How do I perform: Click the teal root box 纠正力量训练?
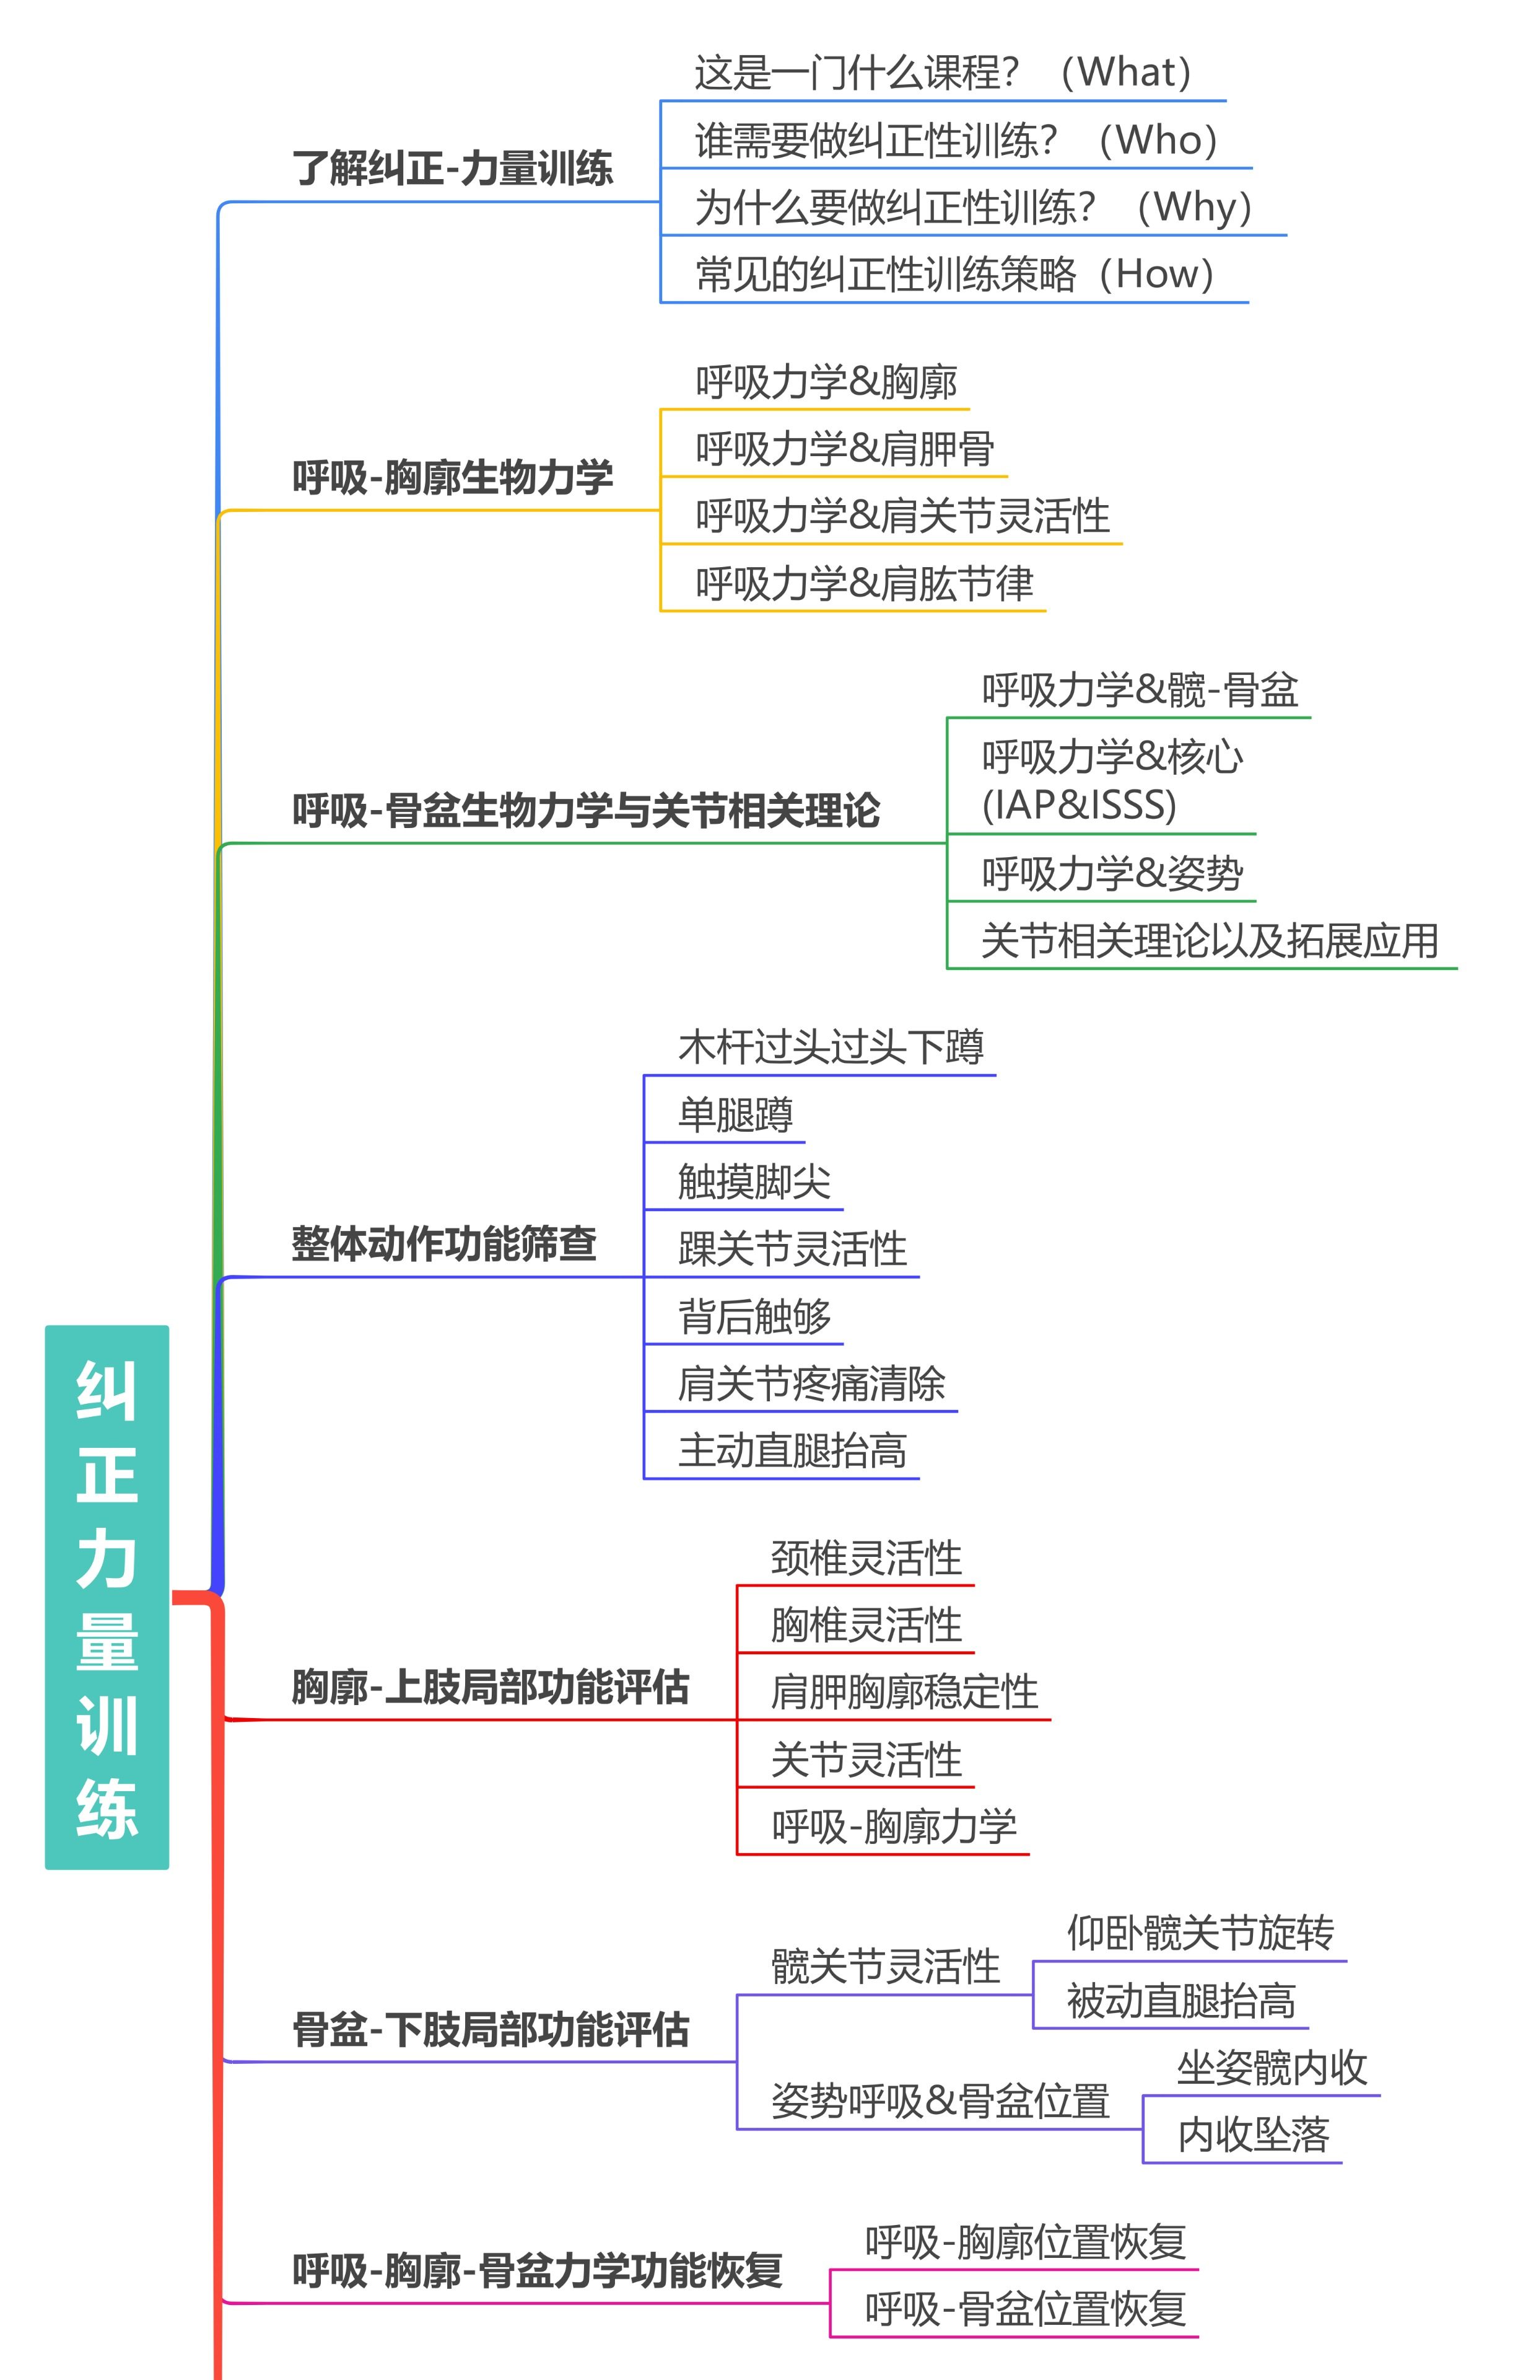[x=107, y=1597]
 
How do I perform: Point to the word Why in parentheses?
[x=1194, y=208]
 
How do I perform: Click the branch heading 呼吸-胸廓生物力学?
[x=452, y=477]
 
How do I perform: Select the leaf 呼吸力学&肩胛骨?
[x=844, y=449]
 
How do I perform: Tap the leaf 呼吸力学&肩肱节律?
[x=864, y=584]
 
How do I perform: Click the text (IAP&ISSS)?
[x=1078, y=804]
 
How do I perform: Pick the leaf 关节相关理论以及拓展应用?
[x=1209, y=940]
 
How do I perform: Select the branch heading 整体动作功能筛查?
[x=444, y=1243]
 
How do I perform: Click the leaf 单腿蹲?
[x=735, y=1114]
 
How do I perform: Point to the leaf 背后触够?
[x=754, y=1316]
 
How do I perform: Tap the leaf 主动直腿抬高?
[x=792, y=1451]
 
